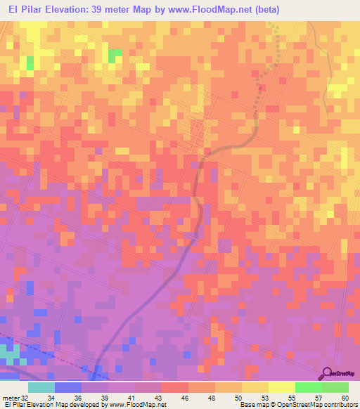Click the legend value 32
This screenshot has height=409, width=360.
[x=26, y=397]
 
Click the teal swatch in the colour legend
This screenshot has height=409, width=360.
[x=41, y=387]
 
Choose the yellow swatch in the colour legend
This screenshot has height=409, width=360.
[x=281, y=387]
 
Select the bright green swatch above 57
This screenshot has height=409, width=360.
[x=308, y=387]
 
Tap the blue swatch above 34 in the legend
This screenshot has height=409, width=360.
[x=68, y=387]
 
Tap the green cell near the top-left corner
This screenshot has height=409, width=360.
[x=30, y=63]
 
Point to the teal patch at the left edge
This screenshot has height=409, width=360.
[x=8, y=351]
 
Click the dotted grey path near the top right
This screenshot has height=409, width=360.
[x=271, y=70]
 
